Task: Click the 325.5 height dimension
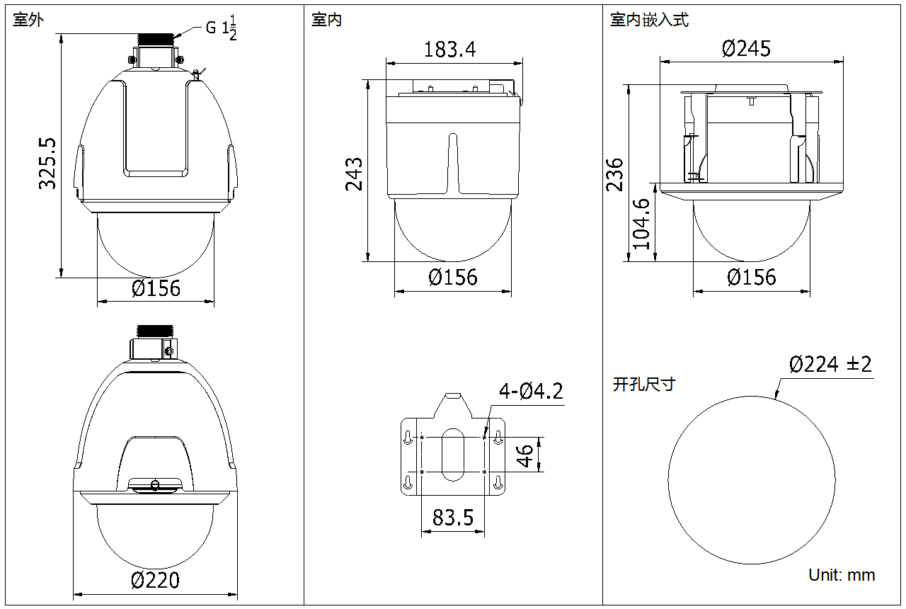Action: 47,164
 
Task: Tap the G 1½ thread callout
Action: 221,28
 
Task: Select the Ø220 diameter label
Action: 155,580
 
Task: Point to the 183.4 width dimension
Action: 449,50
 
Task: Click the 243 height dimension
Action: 354,174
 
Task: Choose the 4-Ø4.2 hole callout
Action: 531,392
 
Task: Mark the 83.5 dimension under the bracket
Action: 452,517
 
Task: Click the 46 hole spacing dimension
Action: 525,455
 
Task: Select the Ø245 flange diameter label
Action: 746,49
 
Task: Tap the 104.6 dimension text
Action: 641,223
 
